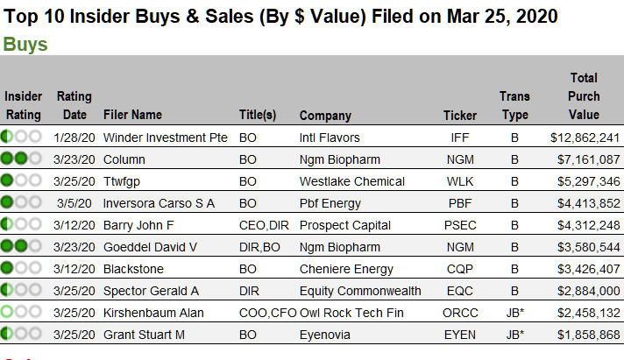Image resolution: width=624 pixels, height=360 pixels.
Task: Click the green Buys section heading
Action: (25, 45)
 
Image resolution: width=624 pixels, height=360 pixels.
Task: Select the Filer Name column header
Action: (132, 115)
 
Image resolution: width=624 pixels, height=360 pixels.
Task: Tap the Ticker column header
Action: (459, 116)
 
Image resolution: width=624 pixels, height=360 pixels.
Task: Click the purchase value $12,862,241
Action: (585, 138)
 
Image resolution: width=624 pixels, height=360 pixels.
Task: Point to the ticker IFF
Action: (459, 138)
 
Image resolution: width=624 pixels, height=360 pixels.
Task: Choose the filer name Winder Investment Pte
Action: (165, 138)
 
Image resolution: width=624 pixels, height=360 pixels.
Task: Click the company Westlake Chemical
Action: (351, 181)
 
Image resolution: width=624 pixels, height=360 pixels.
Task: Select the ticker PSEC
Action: (460, 225)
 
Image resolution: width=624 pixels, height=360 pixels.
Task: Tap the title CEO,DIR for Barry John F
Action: (264, 225)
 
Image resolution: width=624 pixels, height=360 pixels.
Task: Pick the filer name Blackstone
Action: (133, 269)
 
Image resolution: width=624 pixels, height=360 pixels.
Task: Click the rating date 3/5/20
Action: (74, 203)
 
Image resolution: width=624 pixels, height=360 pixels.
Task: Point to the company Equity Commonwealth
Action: (360, 291)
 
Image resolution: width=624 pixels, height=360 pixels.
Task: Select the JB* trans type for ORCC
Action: (515, 313)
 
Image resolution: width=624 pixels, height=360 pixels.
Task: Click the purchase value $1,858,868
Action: (589, 335)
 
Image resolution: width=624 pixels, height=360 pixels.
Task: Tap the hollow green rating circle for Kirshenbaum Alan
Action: (7, 311)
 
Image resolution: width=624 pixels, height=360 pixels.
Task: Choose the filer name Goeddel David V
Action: (150, 247)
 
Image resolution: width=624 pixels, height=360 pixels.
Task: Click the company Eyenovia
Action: (325, 335)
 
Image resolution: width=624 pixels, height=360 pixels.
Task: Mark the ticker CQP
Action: (459, 269)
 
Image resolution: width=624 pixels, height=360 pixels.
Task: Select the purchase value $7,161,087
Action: (589, 159)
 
